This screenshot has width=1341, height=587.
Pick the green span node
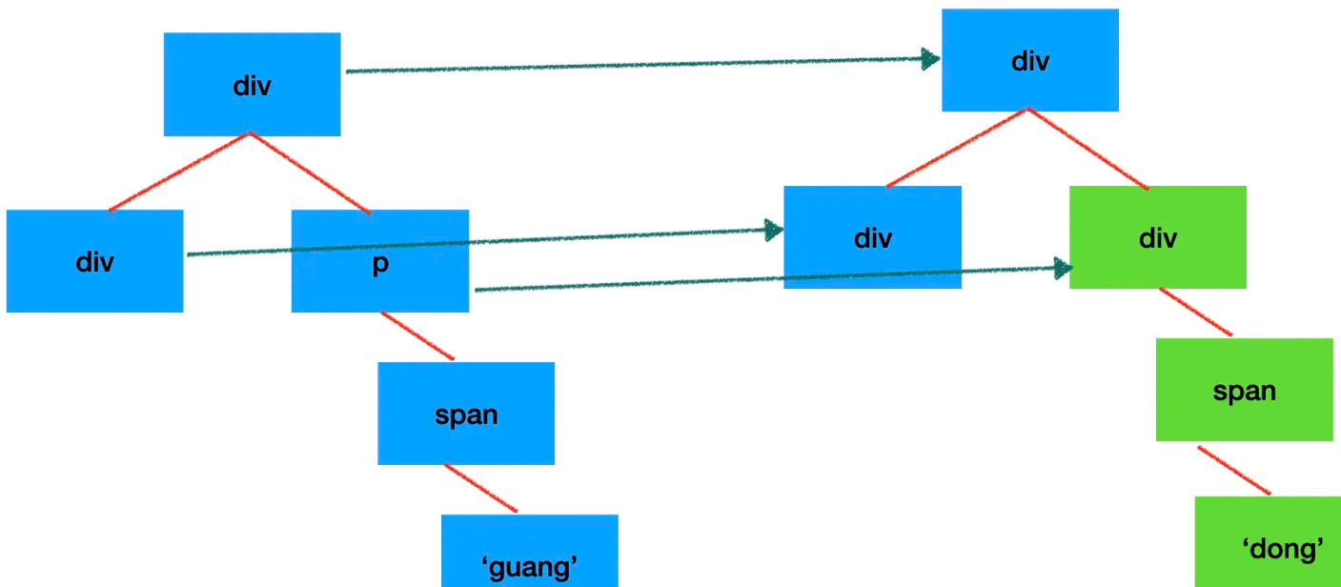(x=1244, y=390)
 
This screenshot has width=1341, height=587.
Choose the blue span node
(x=466, y=414)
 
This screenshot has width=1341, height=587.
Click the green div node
(x=1158, y=237)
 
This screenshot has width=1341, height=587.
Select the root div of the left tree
(x=252, y=85)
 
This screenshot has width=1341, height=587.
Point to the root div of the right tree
(x=1030, y=61)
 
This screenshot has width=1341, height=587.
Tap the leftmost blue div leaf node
(x=94, y=261)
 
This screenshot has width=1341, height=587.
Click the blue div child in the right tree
(x=872, y=237)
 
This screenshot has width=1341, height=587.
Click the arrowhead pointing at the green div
(x=1065, y=269)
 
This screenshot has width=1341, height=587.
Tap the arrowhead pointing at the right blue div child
(x=774, y=230)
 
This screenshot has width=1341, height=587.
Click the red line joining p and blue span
(x=417, y=336)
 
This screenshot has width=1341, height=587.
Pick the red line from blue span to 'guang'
(x=481, y=489)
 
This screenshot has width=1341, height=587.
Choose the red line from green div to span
(x=1195, y=312)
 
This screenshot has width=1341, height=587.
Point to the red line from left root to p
(x=310, y=172)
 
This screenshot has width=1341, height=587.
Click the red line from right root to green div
(x=1087, y=149)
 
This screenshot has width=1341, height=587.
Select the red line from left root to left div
(x=180, y=172)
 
